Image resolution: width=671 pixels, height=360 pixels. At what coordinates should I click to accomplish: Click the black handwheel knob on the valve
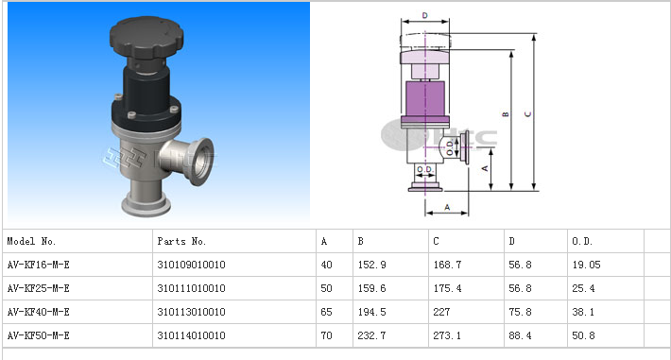[x=146, y=37]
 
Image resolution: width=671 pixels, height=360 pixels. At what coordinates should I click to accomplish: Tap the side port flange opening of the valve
[x=200, y=162]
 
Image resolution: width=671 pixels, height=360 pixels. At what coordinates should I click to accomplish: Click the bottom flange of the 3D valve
[x=146, y=205]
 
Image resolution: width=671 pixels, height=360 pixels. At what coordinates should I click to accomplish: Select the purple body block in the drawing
[x=425, y=99]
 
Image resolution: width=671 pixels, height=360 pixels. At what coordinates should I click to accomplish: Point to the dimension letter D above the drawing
[x=424, y=15]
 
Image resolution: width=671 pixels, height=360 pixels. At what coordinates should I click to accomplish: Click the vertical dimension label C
[x=527, y=114]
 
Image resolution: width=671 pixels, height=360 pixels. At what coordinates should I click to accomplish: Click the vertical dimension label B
[x=506, y=114]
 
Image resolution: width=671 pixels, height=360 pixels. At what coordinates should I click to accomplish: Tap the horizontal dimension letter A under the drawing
[x=447, y=207]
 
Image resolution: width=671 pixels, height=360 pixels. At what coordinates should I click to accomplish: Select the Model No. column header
[x=31, y=242]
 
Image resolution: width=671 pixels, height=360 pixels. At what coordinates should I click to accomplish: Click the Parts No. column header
[x=181, y=242]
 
